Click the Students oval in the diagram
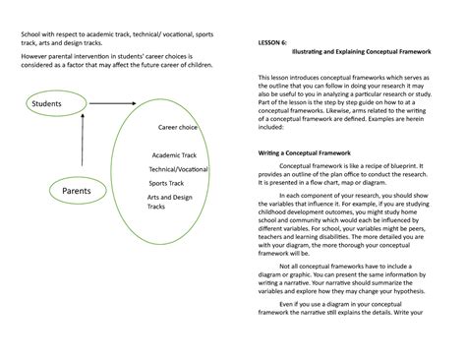(x=45, y=103)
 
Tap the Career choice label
(x=178, y=127)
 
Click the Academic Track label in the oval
(x=173, y=155)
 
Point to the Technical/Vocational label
(x=179, y=169)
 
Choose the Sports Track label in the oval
(x=166, y=183)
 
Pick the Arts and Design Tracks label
(x=169, y=202)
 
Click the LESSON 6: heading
(x=273, y=44)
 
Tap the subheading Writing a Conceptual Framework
(x=310, y=152)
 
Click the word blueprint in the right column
(x=402, y=167)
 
